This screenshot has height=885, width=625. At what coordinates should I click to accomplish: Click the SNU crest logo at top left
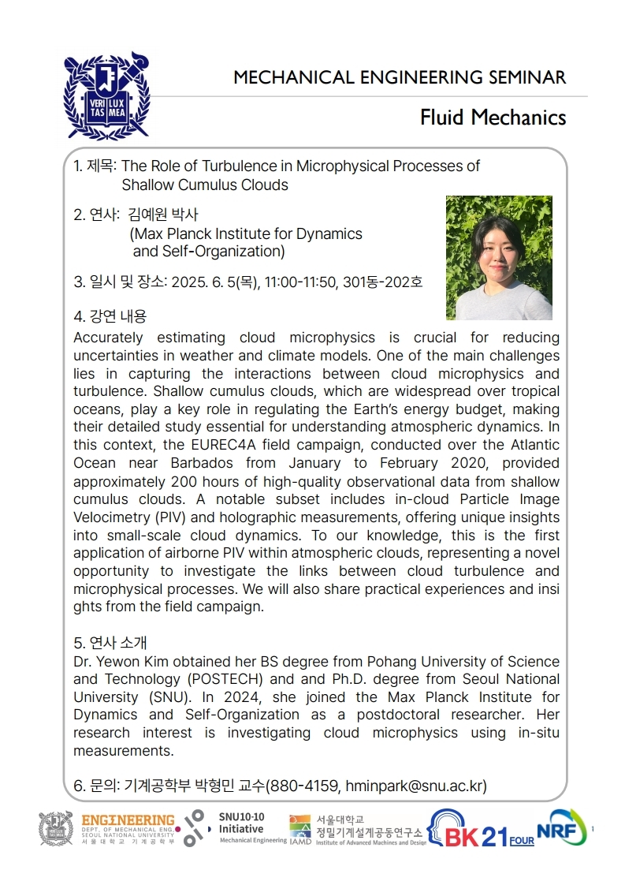pyautogui.click(x=106, y=95)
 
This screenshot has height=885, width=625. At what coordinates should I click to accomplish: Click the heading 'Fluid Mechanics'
pyautogui.click(x=493, y=118)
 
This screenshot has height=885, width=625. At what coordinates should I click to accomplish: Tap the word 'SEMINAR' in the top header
pyautogui.click(x=526, y=77)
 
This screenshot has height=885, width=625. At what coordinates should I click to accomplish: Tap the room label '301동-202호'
pyautogui.click(x=382, y=282)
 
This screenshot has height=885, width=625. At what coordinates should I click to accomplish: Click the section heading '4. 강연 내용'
pyautogui.click(x=110, y=316)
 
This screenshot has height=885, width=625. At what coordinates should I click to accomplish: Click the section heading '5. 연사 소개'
pyautogui.click(x=110, y=642)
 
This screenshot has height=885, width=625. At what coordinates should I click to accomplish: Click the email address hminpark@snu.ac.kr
pyautogui.click(x=423, y=786)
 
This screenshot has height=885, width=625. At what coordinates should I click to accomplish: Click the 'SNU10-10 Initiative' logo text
pyautogui.click(x=242, y=824)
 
